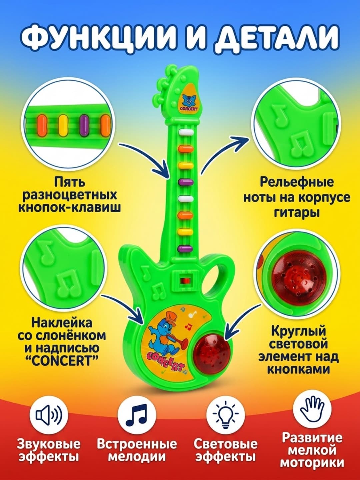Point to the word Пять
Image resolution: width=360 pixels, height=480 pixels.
[x=70, y=182]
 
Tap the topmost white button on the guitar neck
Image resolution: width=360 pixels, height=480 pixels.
[x=186, y=132]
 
